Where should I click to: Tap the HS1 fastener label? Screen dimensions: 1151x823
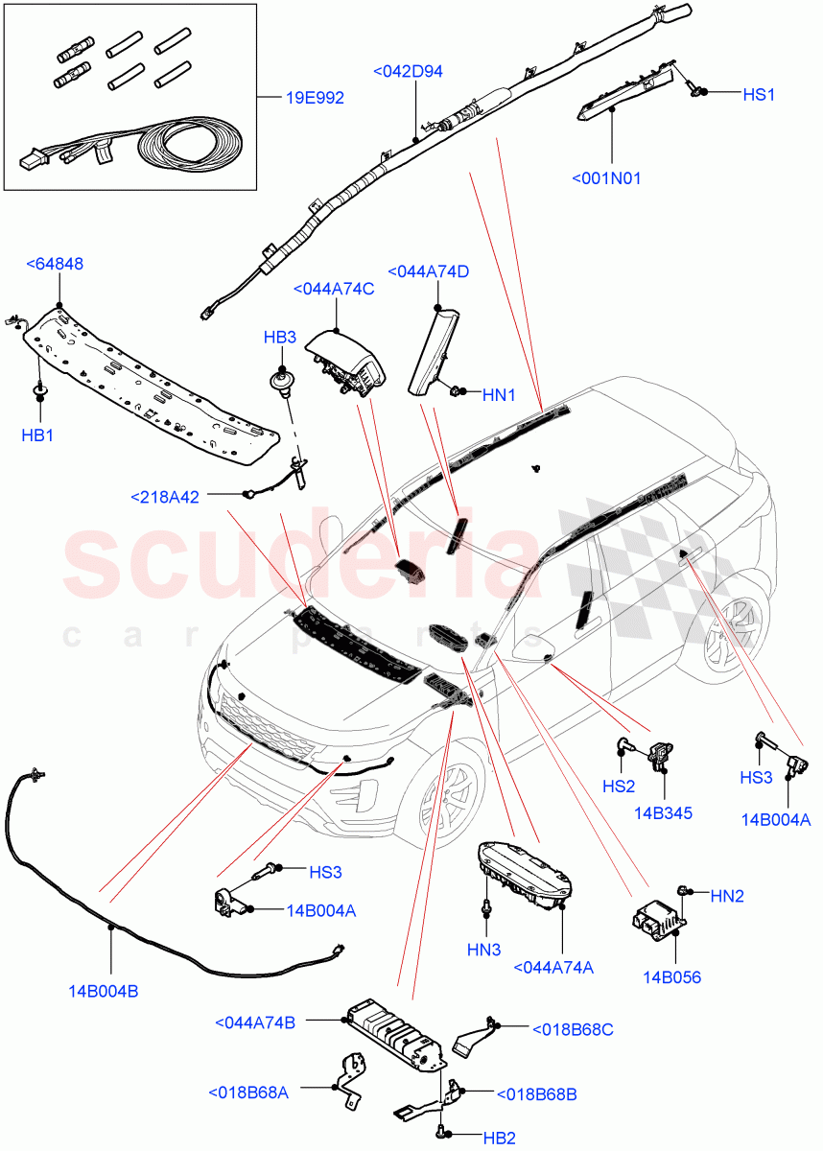pyautogui.click(x=759, y=94)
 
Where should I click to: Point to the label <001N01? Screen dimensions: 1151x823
pyautogui.click(x=606, y=178)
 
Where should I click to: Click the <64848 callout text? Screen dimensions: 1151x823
pyautogui.click(x=54, y=264)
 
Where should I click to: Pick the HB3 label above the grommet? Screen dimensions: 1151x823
pyautogui.click(x=280, y=338)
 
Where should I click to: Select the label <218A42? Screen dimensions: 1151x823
pyautogui.click(x=165, y=497)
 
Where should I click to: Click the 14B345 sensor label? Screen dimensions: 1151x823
pyautogui.click(x=663, y=813)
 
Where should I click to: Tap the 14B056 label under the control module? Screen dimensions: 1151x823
pyautogui.click(x=671, y=977)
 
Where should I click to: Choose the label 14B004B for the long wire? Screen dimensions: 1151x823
pyautogui.click(x=103, y=991)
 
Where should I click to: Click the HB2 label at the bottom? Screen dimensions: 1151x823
pyautogui.click(x=499, y=1139)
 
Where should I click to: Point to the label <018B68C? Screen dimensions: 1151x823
pyautogui.click(x=573, y=1029)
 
